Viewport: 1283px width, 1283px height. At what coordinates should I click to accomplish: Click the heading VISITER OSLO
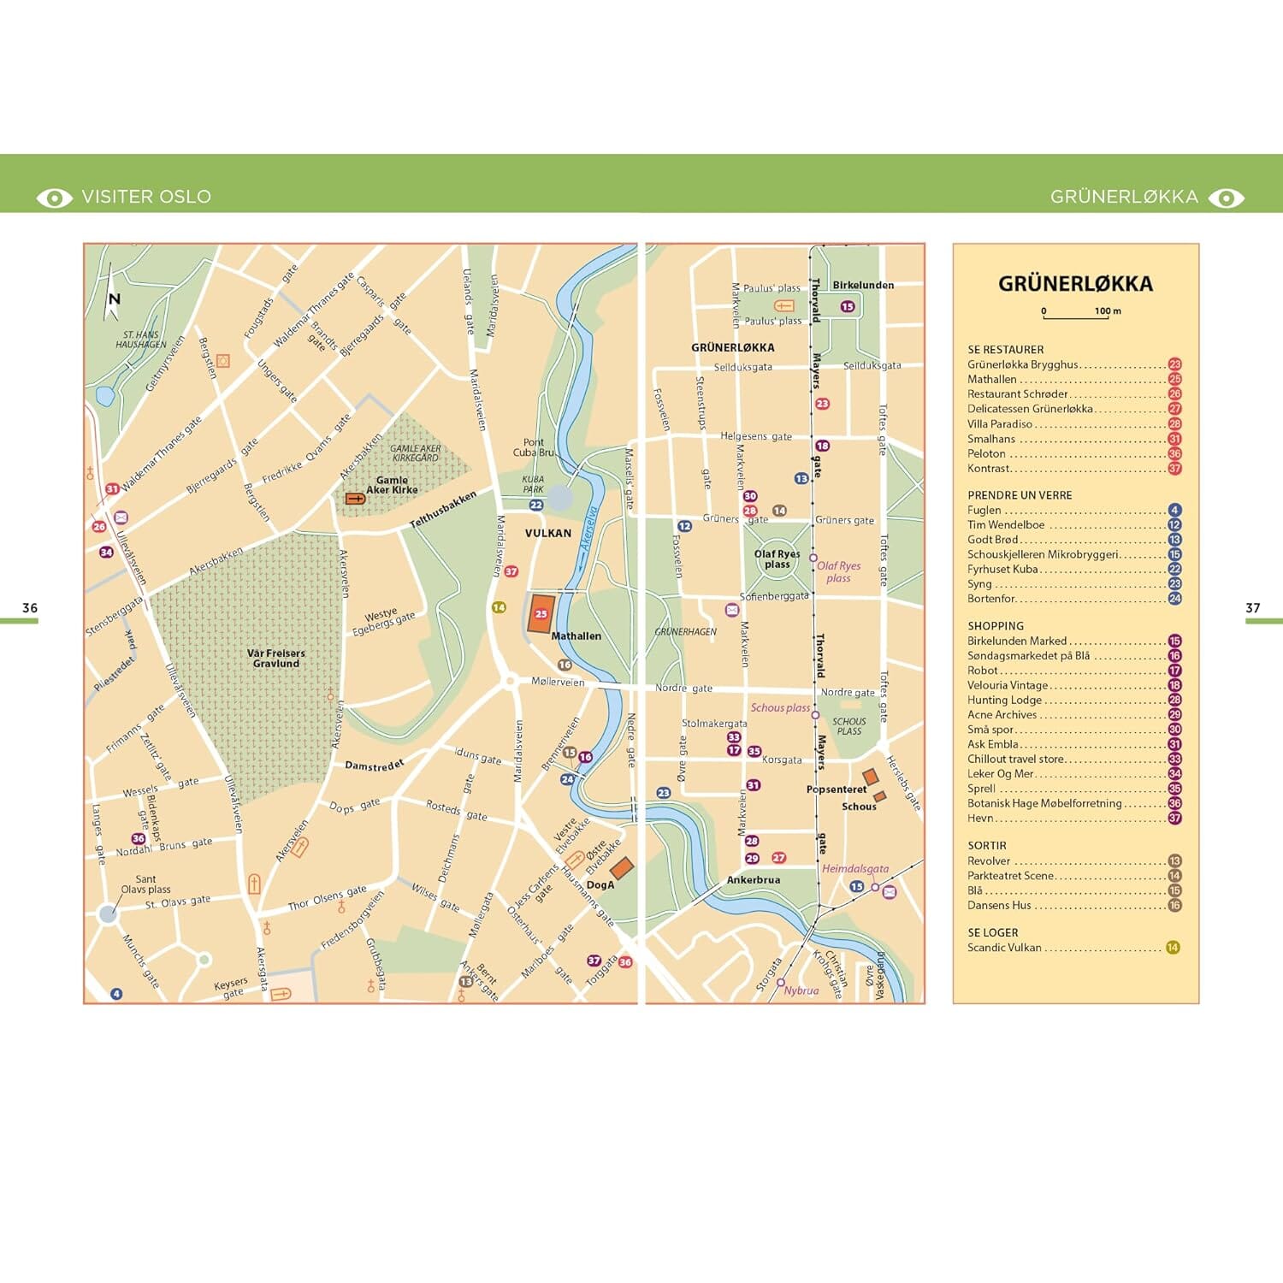[x=145, y=197]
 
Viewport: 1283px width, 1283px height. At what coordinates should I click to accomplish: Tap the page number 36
[x=30, y=608]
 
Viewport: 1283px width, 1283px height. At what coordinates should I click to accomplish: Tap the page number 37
[x=1252, y=608]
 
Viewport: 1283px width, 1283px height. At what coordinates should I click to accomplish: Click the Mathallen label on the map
[x=576, y=636]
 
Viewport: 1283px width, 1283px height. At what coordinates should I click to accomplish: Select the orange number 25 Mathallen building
[x=541, y=613]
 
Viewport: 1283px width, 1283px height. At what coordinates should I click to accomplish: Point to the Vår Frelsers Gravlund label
[x=275, y=658]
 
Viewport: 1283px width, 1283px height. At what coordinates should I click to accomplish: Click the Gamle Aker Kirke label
[x=392, y=485]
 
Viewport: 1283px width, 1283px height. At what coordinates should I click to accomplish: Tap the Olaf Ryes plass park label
[x=777, y=559]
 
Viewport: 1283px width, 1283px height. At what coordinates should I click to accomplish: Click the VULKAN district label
[x=547, y=533]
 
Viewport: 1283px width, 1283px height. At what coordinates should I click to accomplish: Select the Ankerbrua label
[x=753, y=879]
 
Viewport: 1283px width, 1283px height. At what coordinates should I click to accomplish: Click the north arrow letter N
[x=114, y=299]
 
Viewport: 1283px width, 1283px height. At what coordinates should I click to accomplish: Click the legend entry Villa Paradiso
[x=1000, y=424]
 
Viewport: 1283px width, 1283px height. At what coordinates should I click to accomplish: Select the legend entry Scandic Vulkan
[x=1004, y=948]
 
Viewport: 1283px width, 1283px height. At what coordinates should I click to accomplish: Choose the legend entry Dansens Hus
[x=999, y=905]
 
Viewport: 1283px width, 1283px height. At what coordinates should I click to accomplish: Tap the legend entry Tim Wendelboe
[x=1006, y=525]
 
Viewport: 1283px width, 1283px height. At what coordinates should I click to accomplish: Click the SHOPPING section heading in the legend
[x=995, y=626]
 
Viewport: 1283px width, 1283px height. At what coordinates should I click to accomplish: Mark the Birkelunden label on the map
[x=863, y=285]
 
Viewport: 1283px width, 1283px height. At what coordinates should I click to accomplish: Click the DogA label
[x=600, y=885]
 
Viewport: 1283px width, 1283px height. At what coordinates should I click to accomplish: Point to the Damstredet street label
[x=374, y=765]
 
